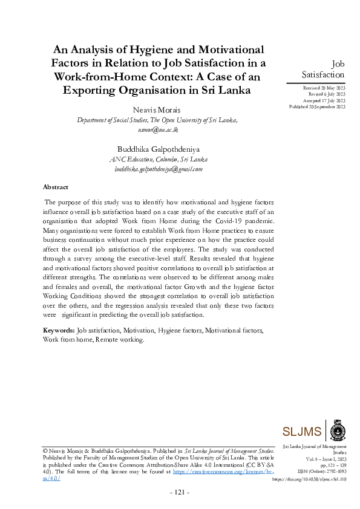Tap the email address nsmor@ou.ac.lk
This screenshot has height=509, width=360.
click(158, 129)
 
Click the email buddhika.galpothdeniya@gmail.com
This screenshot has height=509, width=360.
click(158, 169)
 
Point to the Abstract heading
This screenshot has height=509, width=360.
click(56, 187)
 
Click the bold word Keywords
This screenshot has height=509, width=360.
click(58, 331)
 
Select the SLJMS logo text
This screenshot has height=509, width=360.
click(303, 431)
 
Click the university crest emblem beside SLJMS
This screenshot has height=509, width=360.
click(336, 430)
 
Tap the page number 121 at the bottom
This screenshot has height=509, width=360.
click(179, 493)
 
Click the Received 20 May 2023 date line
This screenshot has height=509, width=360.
click(324, 88)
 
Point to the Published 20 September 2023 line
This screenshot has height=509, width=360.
click(317, 106)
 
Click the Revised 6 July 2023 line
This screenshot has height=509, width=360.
click(327, 94)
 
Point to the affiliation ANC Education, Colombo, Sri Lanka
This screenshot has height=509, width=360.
click(158, 160)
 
